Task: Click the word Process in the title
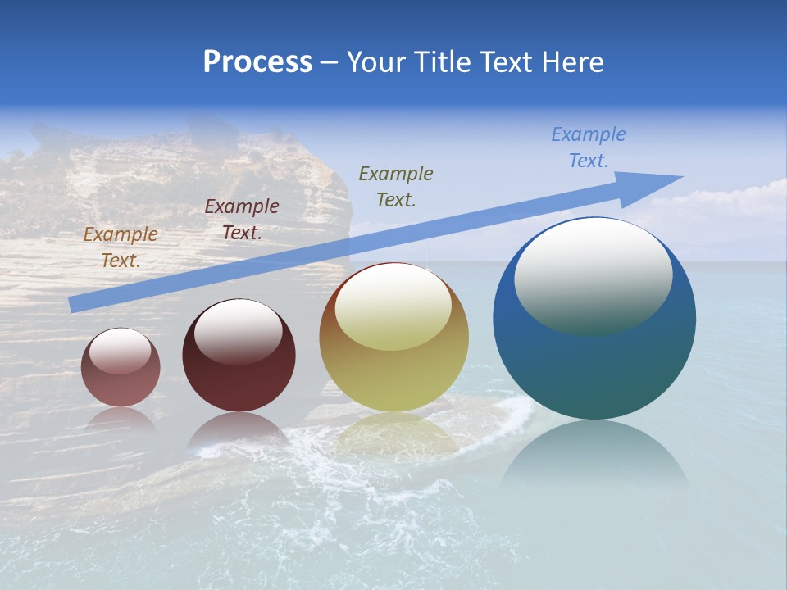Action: [x=257, y=61]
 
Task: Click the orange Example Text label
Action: [x=121, y=247]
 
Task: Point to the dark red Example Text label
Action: [x=241, y=220]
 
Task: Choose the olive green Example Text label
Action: [x=396, y=186]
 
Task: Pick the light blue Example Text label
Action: [x=588, y=147]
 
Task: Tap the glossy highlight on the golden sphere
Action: [x=393, y=307]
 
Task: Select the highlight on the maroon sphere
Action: [x=238, y=330]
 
